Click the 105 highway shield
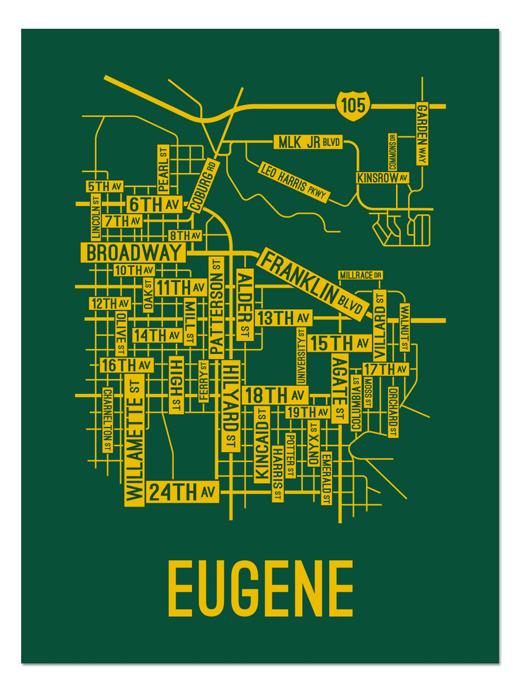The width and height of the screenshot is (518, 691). tap(352, 105)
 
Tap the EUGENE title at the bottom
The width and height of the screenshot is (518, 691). tap(260, 589)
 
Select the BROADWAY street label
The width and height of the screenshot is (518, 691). tap(134, 252)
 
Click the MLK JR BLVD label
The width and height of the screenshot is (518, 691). tap(309, 142)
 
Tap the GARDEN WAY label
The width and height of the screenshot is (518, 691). tap(423, 134)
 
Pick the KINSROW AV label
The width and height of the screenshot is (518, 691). tap(383, 178)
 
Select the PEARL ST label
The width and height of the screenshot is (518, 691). tap(163, 168)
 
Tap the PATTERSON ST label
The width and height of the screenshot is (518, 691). tap(216, 307)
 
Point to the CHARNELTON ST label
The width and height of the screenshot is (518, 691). tap(107, 420)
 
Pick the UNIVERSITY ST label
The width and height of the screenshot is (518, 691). tap(301, 356)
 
